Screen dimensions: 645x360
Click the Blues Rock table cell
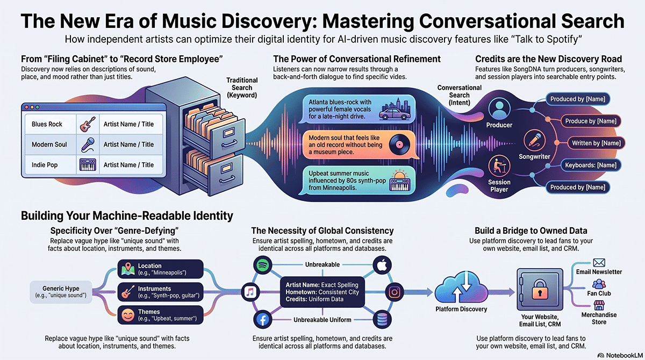coord(51,124)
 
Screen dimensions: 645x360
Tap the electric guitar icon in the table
coord(88,124)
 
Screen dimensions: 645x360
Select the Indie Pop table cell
coord(51,165)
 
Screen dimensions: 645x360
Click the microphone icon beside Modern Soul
coord(88,145)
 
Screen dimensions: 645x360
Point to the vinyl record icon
coord(399,145)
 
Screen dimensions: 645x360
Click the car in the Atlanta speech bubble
coord(395,114)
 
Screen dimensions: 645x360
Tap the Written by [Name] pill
coord(596,143)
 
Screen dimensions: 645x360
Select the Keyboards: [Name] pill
coord(591,165)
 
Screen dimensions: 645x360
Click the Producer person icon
coord(499,109)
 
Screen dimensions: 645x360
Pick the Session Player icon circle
coord(499,166)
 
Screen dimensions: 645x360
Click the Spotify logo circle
coord(263,265)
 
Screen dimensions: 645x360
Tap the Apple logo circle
coord(382,265)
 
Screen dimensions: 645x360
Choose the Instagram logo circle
coord(395,292)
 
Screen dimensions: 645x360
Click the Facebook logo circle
coord(263,319)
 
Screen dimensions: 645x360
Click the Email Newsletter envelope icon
coord(599,263)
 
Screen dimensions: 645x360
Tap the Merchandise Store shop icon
coord(599,305)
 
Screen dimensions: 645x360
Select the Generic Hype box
coord(61,292)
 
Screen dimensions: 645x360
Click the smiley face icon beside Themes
coord(128,315)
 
